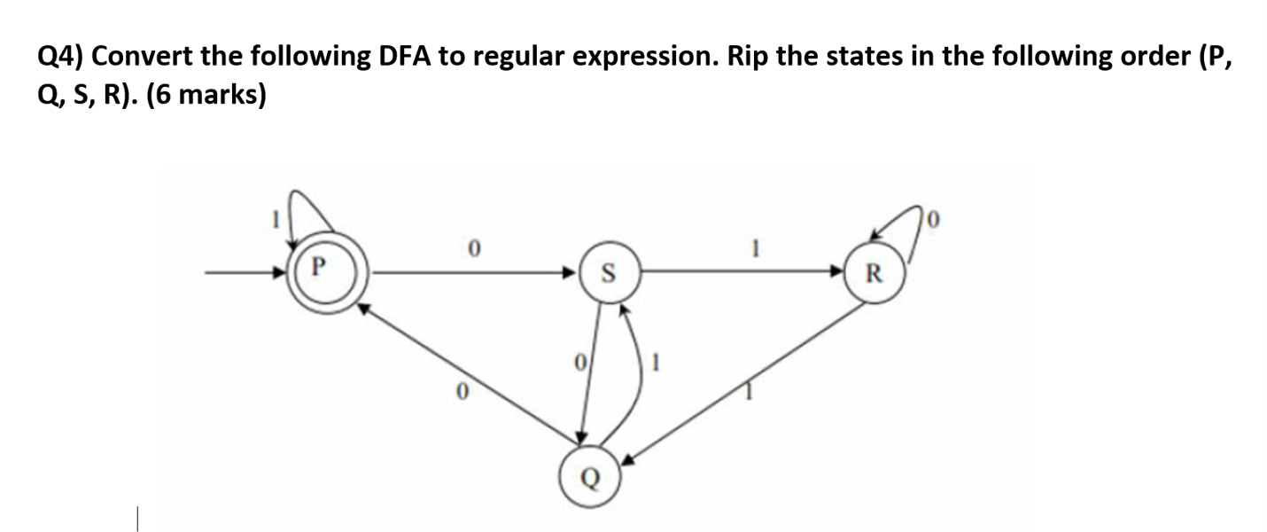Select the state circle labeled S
coord(608,271)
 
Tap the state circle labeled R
coord(873,271)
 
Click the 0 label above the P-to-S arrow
coord(474,250)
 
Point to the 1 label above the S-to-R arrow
coord(755,250)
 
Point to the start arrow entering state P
coord(248,272)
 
